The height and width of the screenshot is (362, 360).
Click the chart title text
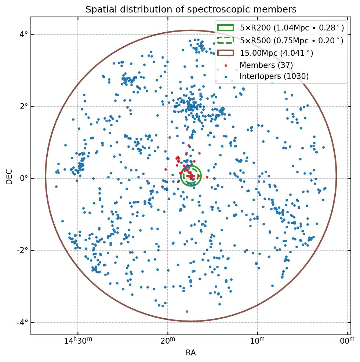(x=191, y=9)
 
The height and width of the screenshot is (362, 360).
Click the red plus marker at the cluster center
(x=191, y=176)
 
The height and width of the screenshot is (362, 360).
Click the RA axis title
(x=190, y=353)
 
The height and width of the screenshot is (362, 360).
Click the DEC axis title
(x=9, y=177)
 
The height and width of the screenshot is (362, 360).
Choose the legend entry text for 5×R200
(x=292, y=28)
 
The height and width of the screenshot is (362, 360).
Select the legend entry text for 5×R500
(x=292, y=40)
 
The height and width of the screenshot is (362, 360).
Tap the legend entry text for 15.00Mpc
(x=276, y=53)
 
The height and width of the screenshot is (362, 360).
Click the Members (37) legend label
(x=266, y=65)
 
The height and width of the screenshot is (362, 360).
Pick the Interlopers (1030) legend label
(x=274, y=76)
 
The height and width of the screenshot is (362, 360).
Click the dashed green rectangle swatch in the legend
(x=225, y=40)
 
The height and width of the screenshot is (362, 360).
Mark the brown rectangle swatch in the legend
(x=225, y=53)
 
